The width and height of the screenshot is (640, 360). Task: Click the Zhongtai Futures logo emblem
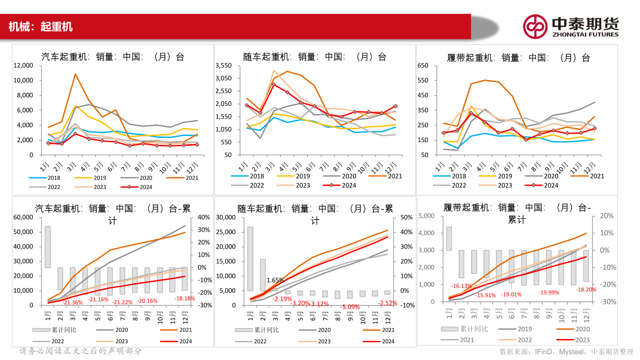(x=535, y=26)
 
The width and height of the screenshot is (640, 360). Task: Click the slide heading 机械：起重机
(x=40, y=27)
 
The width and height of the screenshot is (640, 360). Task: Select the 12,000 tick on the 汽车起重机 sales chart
(x=23, y=65)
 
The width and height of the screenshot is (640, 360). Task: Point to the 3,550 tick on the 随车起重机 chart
(x=223, y=65)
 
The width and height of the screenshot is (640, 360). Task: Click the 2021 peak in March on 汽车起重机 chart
(x=76, y=74)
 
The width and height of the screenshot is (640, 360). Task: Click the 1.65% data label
(x=275, y=280)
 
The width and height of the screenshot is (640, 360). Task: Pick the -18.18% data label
(x=184, y=298)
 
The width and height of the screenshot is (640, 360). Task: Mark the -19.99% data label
(x=549, y=292)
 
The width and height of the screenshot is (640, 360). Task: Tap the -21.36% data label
(x=72, y=302)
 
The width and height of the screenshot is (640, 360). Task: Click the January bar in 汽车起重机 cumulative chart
(x=48, y=247)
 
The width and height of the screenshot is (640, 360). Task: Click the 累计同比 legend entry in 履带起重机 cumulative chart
(x=464, y=329)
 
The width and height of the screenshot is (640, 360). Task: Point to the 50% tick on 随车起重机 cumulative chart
(x=407, y=217)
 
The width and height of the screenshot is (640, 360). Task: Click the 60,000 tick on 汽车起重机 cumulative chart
(x=23, y=217)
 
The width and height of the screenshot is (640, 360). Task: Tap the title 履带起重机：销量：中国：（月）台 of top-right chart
(x=518, y=58)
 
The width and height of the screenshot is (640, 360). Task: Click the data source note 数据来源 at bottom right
(x=566, y=352)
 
